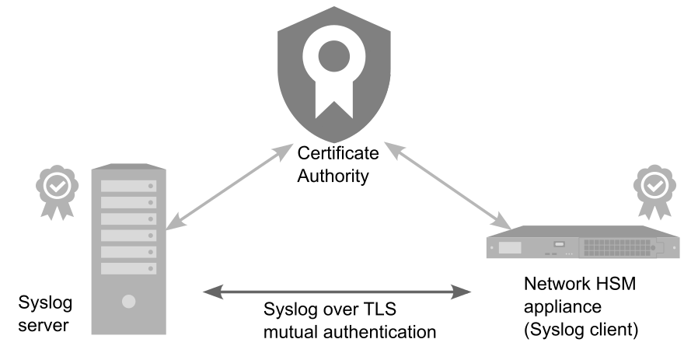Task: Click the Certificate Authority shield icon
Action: tap(334, 75)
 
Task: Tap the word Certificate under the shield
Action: tap(338, 153)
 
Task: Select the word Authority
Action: tap(333, 176)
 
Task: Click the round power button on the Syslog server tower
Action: tap(129, 302)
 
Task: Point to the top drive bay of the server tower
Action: tap(129, 186)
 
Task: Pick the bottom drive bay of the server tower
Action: tap(129, 268)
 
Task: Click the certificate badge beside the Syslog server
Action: tap(58, 192)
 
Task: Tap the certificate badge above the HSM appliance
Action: tap(655, 192)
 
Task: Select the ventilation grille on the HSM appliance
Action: tap(617, 247)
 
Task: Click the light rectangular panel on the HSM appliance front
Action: tap(510, 247)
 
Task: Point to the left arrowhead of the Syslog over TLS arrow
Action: tap(213, 292)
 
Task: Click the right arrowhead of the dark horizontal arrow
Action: tap(461, 292)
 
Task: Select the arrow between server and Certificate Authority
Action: tap(229, 187)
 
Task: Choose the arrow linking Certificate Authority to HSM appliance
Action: tap(448, 186)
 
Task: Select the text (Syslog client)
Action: tap(581, 330)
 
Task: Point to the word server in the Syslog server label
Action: tap(44, 326)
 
